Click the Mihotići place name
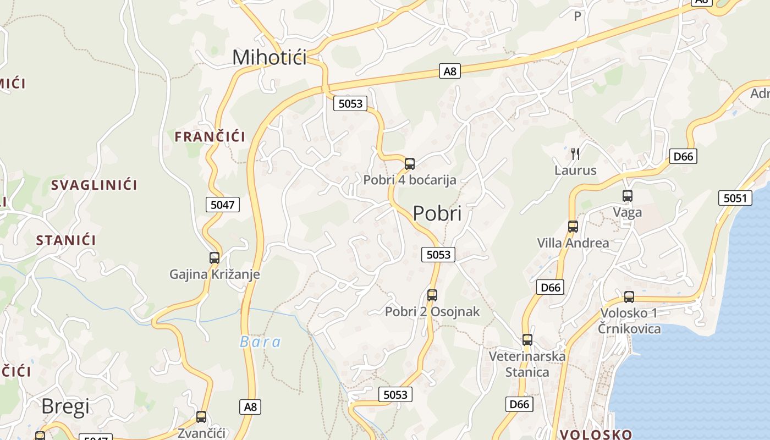(x=269, y=57)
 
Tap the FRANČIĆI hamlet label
(x=210, y=136)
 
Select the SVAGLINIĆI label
(x=94, y=185)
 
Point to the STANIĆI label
(x=66, y=240)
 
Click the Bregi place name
(x=65, y=406)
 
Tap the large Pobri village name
(x=437, y=213)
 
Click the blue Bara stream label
(x=260, y=342)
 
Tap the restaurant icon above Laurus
(x=575, y=153)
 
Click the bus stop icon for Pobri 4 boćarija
(x=410, y=163)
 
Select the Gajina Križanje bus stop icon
(x=215, y=257)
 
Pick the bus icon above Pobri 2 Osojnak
(x=432, y=295)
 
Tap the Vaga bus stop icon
(x=628, y=195)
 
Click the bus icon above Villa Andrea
(x=573, y=226)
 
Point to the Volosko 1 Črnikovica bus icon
(x=629, y=297)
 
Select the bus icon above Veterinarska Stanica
(x=527, y=340)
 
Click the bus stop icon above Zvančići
(x=201, y=417)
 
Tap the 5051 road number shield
(x=735, y=198)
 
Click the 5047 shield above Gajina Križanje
(x=223, y=205)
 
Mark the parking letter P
(x=577, y=16)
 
